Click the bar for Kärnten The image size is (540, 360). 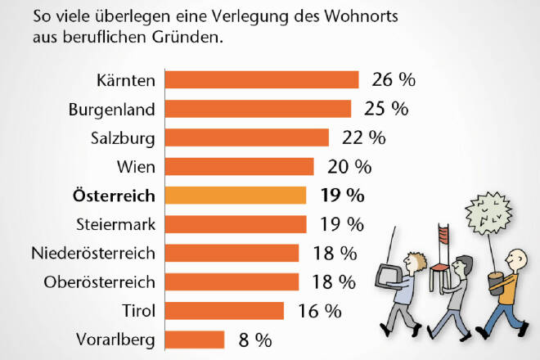(x=262, y=79)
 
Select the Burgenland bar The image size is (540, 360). (x=258, y=109)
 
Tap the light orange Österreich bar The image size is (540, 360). (x=236, y=196)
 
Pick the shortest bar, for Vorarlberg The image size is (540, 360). (x=195, y=340)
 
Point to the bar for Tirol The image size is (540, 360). (x=224, y=311)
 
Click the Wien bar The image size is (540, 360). (x=239, y=167)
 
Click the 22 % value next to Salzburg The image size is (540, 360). (x=361, y=137)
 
